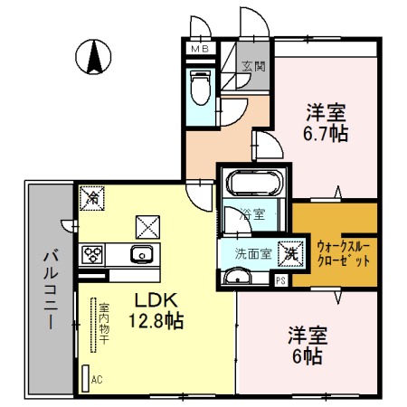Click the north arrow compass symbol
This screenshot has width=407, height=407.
[x=93, y=58]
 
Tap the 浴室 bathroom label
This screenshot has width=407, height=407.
[x=252, y=214]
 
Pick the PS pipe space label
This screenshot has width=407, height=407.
[x=280, y=281]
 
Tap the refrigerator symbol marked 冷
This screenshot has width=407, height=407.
[x=91, y=194]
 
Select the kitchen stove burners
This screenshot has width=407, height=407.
[x=93, y=254]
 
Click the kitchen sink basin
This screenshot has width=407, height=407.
[x=143, y=253]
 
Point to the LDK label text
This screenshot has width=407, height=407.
[x=147, y=299]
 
